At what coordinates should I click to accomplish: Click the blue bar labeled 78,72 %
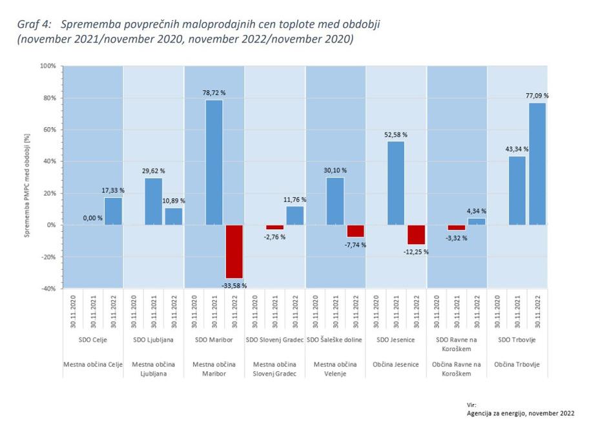(x=214, y=162)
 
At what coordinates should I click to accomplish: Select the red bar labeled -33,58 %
(x=234, y=251)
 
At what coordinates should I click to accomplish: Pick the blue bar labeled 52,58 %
(x=396, y=183)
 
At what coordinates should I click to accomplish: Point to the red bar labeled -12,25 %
(x=417, y=234)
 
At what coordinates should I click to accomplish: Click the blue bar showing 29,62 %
(x=153, y=201)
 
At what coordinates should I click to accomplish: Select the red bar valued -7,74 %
(x=356, y=231)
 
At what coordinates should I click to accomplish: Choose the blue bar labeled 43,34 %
(x=517, y=190)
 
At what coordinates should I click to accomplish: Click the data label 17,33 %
(x=113, y=190)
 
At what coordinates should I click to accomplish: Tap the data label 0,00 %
(x=92, y=218)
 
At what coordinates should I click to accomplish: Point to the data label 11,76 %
(x=295, y=199)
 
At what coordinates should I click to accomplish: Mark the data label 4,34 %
(x=477, y=211)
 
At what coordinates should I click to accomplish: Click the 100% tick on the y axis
(x=48, y=66)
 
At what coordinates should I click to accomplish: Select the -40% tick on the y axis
(x=48, y=289)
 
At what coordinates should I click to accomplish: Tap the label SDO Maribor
(x=214, y=340)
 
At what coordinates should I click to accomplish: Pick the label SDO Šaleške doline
(x=335, y=340)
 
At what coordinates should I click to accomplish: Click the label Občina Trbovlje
(x=517, y=365)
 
